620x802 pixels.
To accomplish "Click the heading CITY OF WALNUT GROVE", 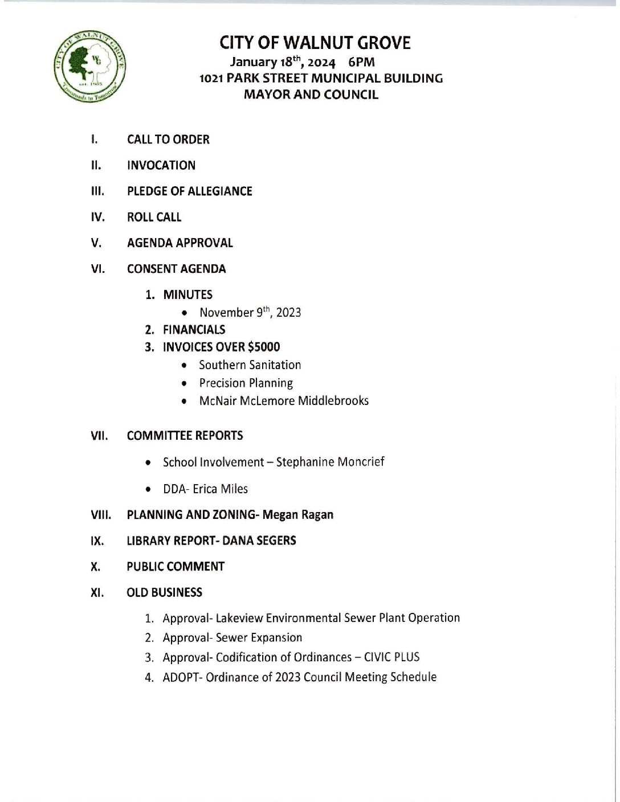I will pos(315,43).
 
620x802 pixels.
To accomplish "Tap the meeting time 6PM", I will pos(361,62).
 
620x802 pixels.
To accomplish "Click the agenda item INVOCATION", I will pos(161,165).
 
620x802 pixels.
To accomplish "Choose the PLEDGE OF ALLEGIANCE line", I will pos(189,191).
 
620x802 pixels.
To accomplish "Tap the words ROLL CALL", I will pos(154,217).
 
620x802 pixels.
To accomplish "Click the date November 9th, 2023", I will pos(250,312).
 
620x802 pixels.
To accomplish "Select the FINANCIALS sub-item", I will pos(194,330).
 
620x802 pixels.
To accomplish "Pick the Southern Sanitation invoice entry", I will pos(250,365).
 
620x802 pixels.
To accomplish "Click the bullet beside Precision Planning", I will pos(184,384).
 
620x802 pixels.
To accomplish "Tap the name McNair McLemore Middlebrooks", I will pos(284,401).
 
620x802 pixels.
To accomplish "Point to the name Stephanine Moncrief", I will pos(330,462).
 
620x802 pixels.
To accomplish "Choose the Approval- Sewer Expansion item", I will pos(232,638).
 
